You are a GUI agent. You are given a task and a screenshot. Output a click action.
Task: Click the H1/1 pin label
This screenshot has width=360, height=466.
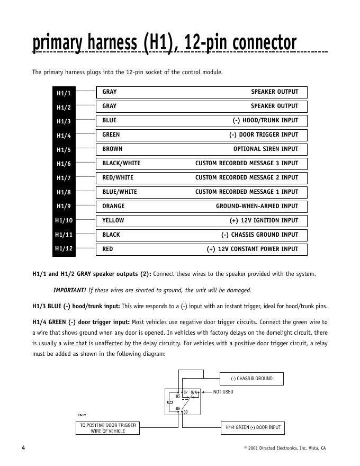(64, 93)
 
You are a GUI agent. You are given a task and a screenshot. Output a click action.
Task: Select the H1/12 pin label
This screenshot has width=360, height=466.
(64, 248)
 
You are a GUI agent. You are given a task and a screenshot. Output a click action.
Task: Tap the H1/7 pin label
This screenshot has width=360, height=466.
(64, 178)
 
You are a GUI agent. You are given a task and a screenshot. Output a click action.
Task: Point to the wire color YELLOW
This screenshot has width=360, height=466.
(113, 220)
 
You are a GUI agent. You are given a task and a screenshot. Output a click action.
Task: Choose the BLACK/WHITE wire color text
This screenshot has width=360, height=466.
(121, 163)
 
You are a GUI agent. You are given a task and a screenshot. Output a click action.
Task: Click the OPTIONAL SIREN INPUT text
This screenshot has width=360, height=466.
(266, 149)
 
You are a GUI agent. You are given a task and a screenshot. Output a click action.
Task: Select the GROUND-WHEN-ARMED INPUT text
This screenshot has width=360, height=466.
(257, 206)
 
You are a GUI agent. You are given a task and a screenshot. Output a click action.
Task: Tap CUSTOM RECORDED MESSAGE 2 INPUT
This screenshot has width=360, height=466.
(247, 177)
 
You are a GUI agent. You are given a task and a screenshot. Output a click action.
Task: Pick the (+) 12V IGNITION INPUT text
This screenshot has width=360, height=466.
(264, 220)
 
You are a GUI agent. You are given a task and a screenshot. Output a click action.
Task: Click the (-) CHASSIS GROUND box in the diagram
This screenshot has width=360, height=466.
(251, 379)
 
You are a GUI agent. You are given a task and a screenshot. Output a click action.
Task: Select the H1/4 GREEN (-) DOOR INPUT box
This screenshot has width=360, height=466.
(251, 427)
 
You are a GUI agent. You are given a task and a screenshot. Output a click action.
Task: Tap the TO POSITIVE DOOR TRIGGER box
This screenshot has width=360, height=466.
(108, 428)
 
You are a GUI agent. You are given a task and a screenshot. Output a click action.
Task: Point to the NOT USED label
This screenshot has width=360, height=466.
(223, 392)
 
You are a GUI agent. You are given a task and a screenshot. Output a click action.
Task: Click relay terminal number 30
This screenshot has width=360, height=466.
(186, 412)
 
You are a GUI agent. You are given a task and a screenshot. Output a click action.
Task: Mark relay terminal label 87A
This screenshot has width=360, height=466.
(194, 392)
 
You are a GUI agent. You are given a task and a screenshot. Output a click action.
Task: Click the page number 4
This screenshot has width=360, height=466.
(23, 448)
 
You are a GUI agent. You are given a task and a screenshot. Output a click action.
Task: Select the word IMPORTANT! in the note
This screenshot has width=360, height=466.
(69, 290)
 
